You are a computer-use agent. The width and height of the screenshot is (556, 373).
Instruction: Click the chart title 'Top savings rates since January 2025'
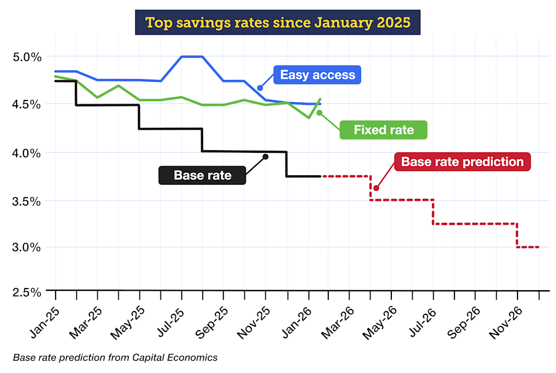pos(277,23)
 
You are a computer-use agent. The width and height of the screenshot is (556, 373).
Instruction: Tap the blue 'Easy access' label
pos(318,75)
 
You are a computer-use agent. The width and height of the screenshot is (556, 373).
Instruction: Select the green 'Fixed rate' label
pos(383,130)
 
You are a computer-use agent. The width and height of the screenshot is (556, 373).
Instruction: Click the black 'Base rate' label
pos(202,175)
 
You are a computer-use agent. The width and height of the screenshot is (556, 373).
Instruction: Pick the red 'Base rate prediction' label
pos(462,162)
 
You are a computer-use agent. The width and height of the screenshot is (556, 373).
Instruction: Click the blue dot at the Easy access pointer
pos(260,88)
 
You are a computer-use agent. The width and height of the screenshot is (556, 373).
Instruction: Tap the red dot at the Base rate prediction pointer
pos(376,188)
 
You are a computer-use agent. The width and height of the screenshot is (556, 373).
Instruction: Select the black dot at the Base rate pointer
pos(266,157)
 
